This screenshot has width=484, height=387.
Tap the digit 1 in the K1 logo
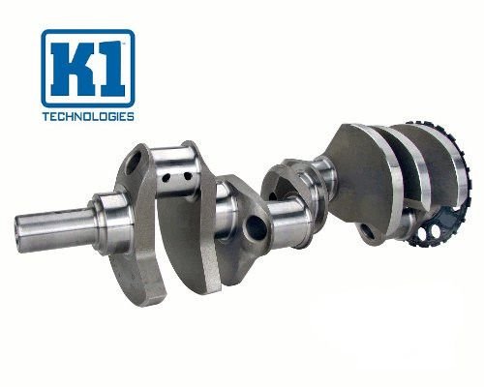coord(109,69)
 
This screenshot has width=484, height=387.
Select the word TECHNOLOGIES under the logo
coord(88,116)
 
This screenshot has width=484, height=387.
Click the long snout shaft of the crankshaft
coord(55,228)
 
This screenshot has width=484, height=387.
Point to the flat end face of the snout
coord(19,234)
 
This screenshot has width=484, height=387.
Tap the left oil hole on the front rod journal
coord(166,177)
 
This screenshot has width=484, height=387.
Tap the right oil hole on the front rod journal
coord(188,176)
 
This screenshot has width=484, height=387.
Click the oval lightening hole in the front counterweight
coord(134,163)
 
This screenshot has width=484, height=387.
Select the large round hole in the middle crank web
coord(256,227)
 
